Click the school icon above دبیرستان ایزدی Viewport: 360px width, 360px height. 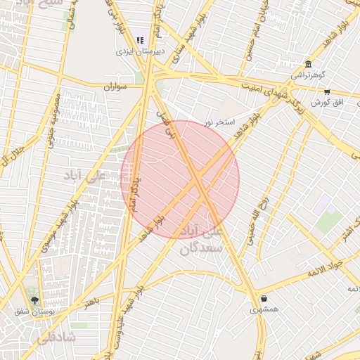[140, 41]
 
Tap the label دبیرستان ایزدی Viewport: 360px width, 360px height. [141, 52]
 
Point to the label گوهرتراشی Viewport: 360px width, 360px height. [308, 75]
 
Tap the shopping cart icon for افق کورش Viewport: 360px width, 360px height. [327, 92]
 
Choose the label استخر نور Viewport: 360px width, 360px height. [219, 122]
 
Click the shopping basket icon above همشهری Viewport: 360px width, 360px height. [264, 298]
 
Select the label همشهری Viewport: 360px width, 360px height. [264, 309]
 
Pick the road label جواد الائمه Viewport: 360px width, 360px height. [325, 268]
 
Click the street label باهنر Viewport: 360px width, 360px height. [93, 302]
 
